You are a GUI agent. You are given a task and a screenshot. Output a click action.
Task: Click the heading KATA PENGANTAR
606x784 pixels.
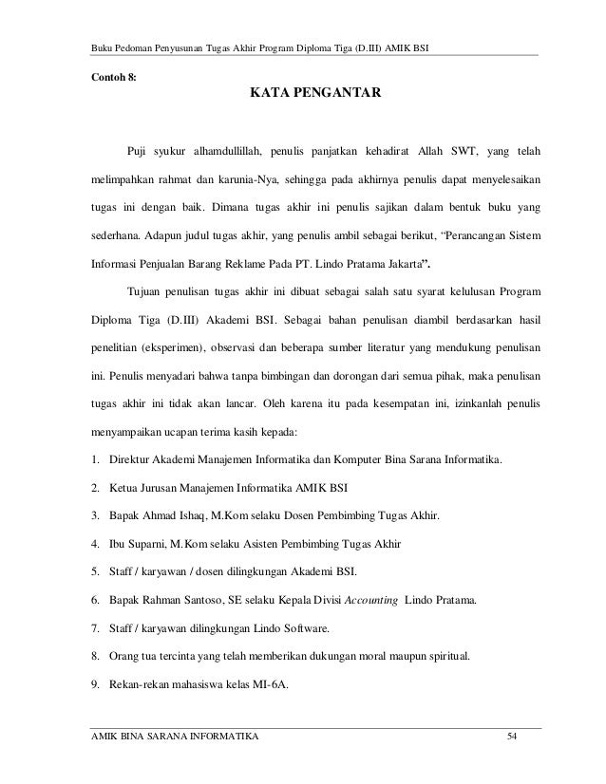click(315, 94)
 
